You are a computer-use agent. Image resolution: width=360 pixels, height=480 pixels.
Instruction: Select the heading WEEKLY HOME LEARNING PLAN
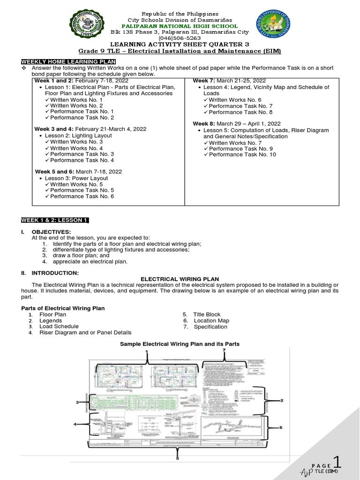[x=68, y=62]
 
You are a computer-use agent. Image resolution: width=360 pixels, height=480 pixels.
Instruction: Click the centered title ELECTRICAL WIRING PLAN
[x=180, y=279]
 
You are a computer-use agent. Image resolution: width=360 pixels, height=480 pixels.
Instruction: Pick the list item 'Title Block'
[x=207, y=315]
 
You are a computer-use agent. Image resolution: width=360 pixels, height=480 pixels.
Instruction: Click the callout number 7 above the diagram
[x=224, y=350]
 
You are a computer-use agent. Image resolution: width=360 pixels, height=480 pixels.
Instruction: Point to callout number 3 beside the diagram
[x=77, y=402]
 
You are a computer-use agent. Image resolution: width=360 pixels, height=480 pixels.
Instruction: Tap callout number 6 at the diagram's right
[x=281, y=427]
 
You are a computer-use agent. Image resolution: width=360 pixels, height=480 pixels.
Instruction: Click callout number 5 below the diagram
[x=178, y=458]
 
